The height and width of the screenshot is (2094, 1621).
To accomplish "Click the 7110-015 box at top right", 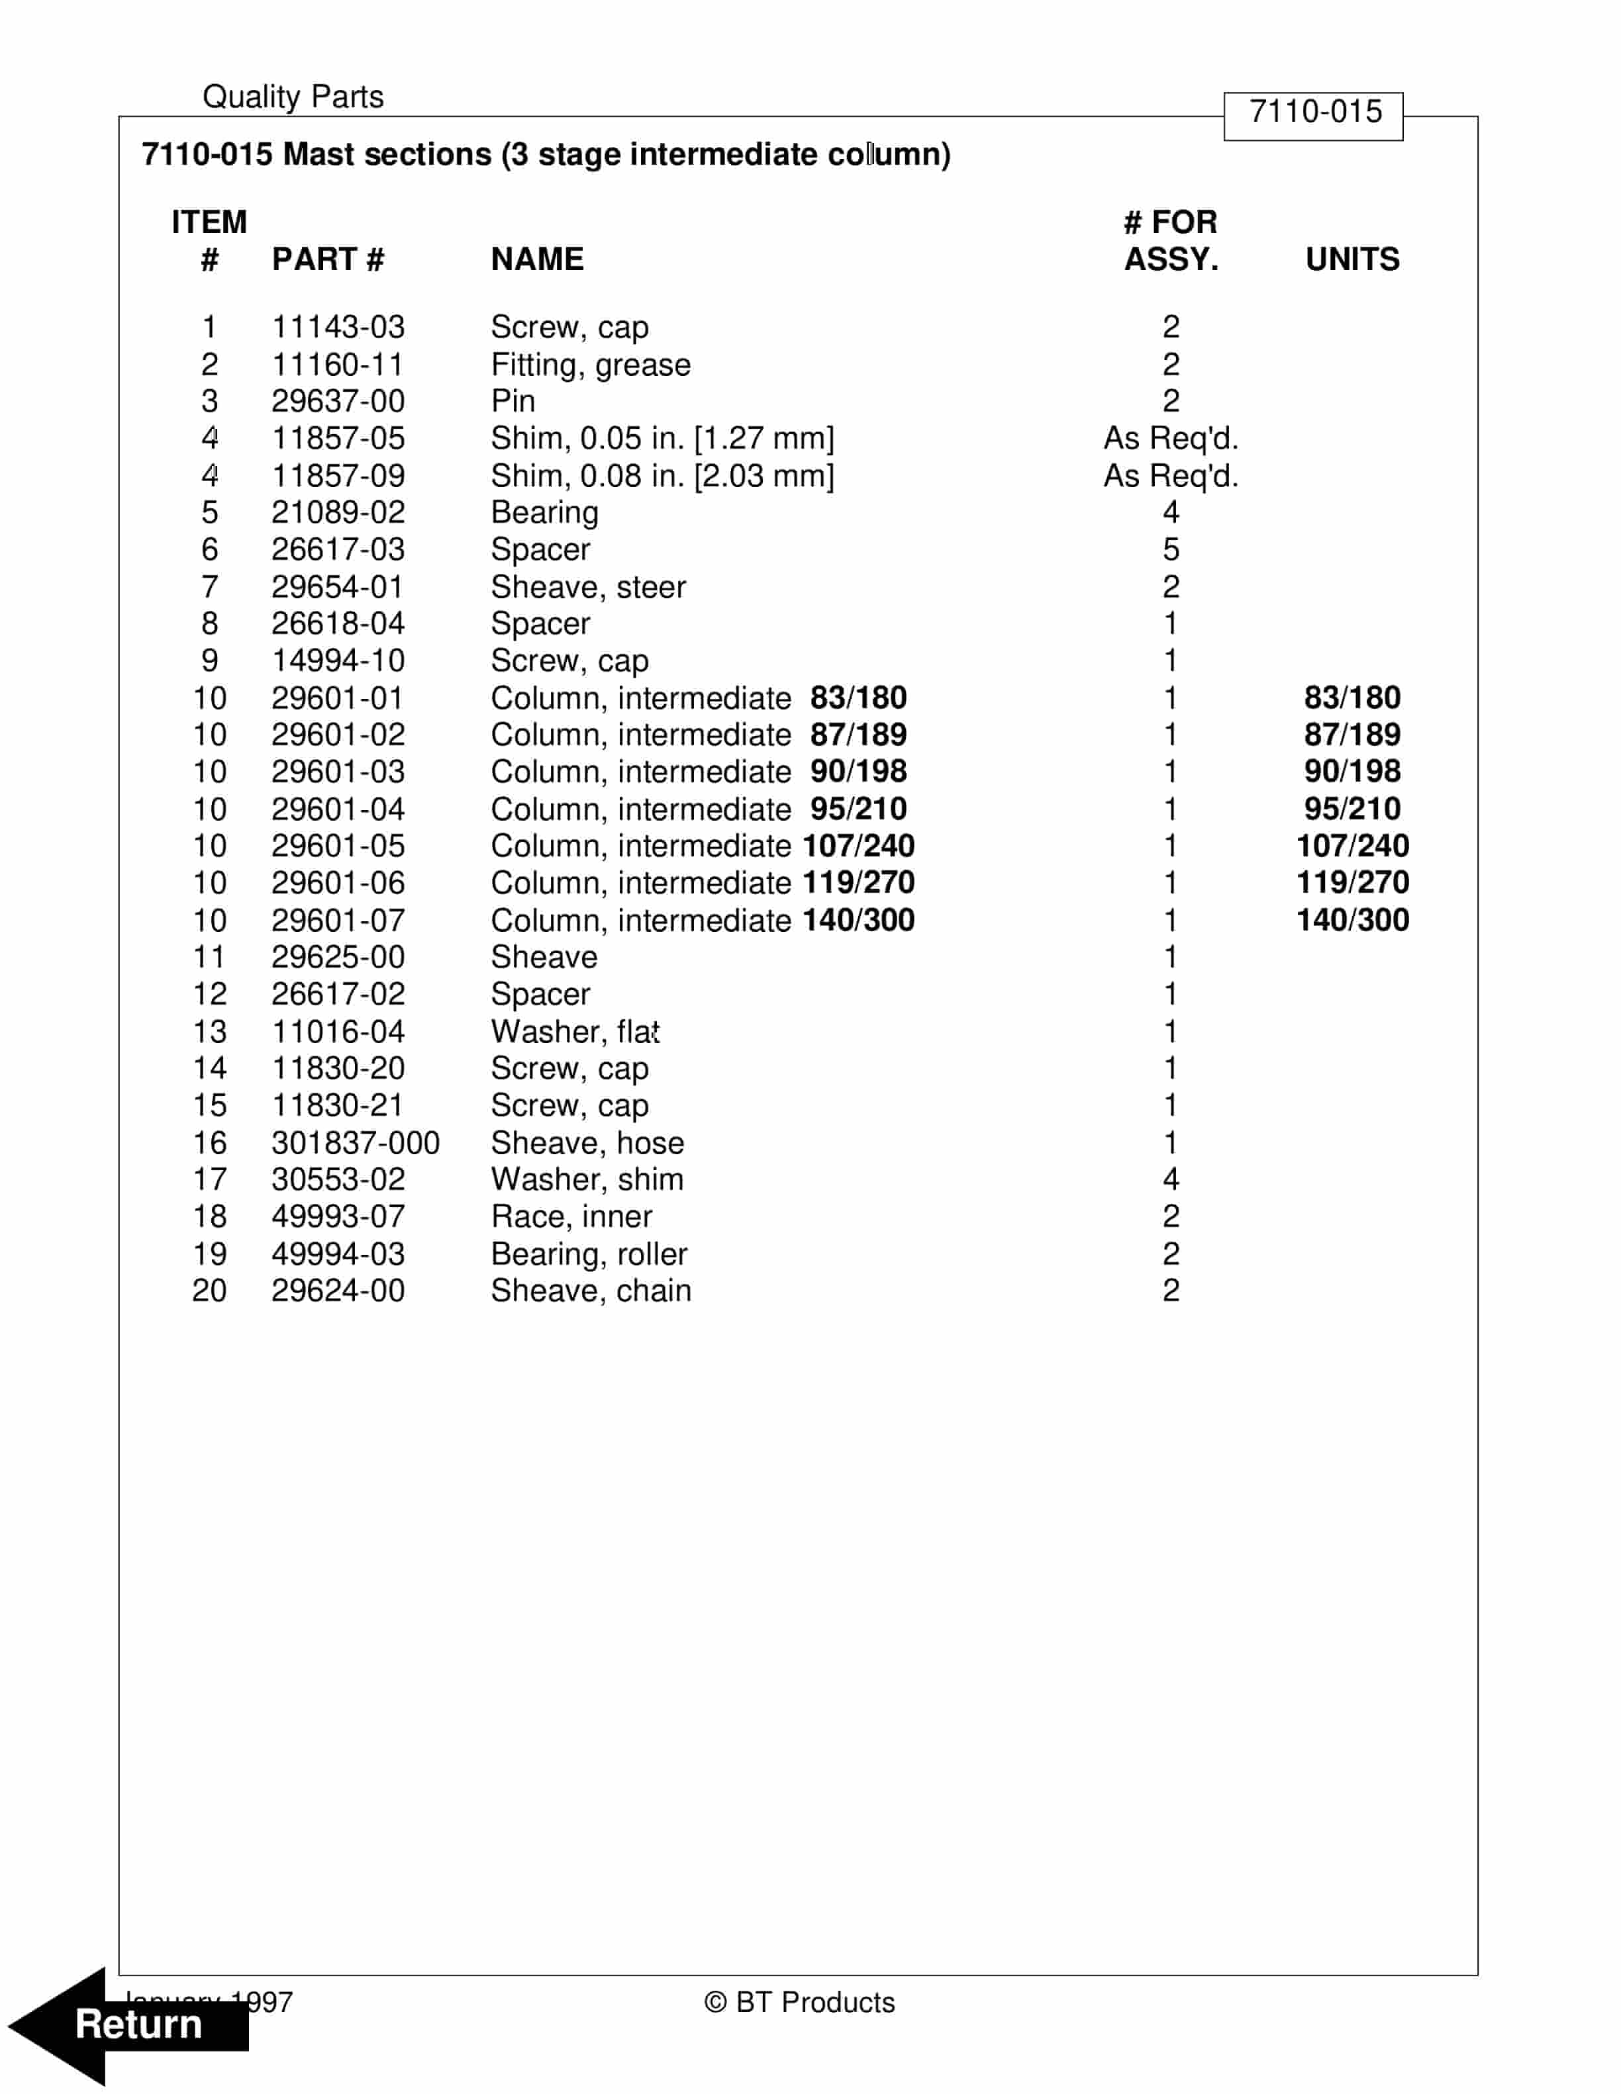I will coord(1313,113).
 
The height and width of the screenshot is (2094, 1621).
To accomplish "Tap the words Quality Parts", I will coord(293,97).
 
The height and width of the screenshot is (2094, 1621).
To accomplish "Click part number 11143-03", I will coord(338,327).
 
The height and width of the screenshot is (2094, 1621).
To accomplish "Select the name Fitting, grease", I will coord(590,365).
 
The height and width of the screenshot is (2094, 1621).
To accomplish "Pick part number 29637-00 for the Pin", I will coord(338,401).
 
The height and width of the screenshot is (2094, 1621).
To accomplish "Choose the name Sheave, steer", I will coord(588,587).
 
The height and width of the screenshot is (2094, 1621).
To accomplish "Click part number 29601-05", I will coord(338,846).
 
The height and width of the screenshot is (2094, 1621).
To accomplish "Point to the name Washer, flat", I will coord(575,1032).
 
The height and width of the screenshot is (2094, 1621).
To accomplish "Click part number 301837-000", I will coord(355,1143).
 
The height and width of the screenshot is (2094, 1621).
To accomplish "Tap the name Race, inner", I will coord(571,1216).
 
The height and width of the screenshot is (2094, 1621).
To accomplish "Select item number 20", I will coord(209,1291).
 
